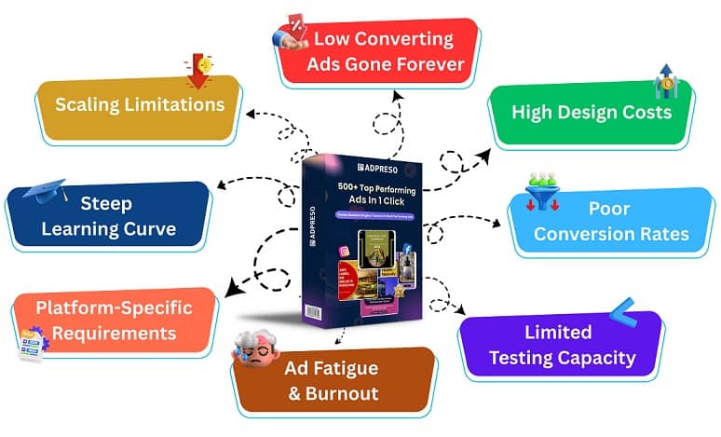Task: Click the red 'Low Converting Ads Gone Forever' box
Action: coord(383,52)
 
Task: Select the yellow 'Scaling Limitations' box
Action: coord(140,103)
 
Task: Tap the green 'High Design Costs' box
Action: coord(591,113)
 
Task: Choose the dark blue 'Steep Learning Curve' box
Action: coord(106,215)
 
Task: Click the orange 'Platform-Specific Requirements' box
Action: coord(114,320)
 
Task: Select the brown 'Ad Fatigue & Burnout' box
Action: coord(332,380)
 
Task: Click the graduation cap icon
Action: coord(45,192)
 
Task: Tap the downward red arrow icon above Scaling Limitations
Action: coord(197,72)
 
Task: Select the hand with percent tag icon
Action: coord(291,34)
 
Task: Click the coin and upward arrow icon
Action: coord(665,81)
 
